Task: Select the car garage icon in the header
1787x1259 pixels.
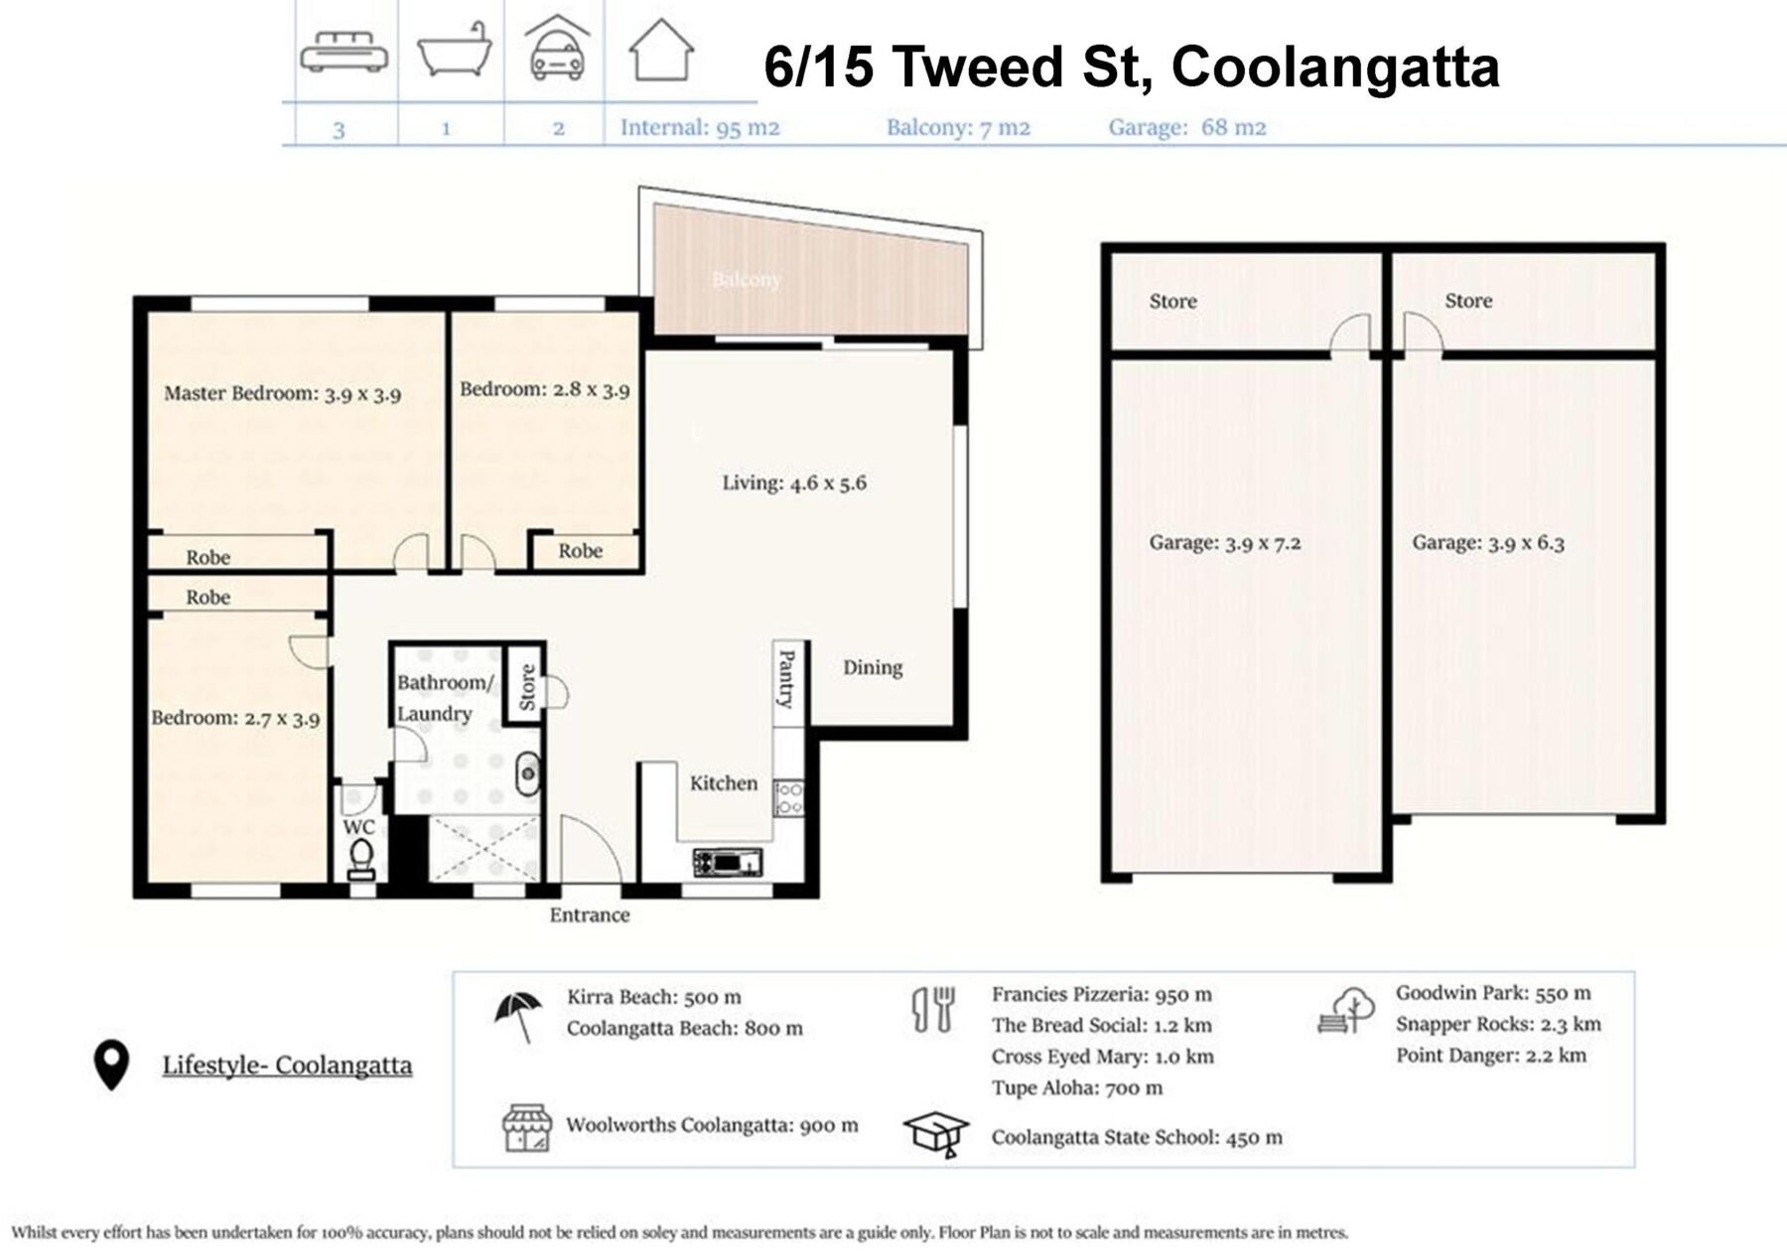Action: pos(558,50)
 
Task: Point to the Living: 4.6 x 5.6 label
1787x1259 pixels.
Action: pos(793,484)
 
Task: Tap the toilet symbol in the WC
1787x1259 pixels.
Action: pos(361,858)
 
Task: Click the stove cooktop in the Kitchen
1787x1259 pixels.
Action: pos(789,797)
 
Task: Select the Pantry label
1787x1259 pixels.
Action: pos(786,678)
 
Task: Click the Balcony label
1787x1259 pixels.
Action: pos(746,280)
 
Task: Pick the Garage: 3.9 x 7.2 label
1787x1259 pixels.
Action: pos(1224,543)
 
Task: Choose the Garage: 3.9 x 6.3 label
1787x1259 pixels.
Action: pos(1487,542)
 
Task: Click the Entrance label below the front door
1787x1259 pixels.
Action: pos(590,915)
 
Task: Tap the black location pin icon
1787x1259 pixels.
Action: pos(111,1064)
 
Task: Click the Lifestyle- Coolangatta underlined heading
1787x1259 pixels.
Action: pos(287,1065)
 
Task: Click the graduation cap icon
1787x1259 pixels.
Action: pos(935,1134)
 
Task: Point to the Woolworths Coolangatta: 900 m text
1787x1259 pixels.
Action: pos(712,1125)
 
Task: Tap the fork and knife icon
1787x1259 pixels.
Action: pos(933,1009)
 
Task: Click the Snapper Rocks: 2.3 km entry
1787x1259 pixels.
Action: pos(1497,1024)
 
